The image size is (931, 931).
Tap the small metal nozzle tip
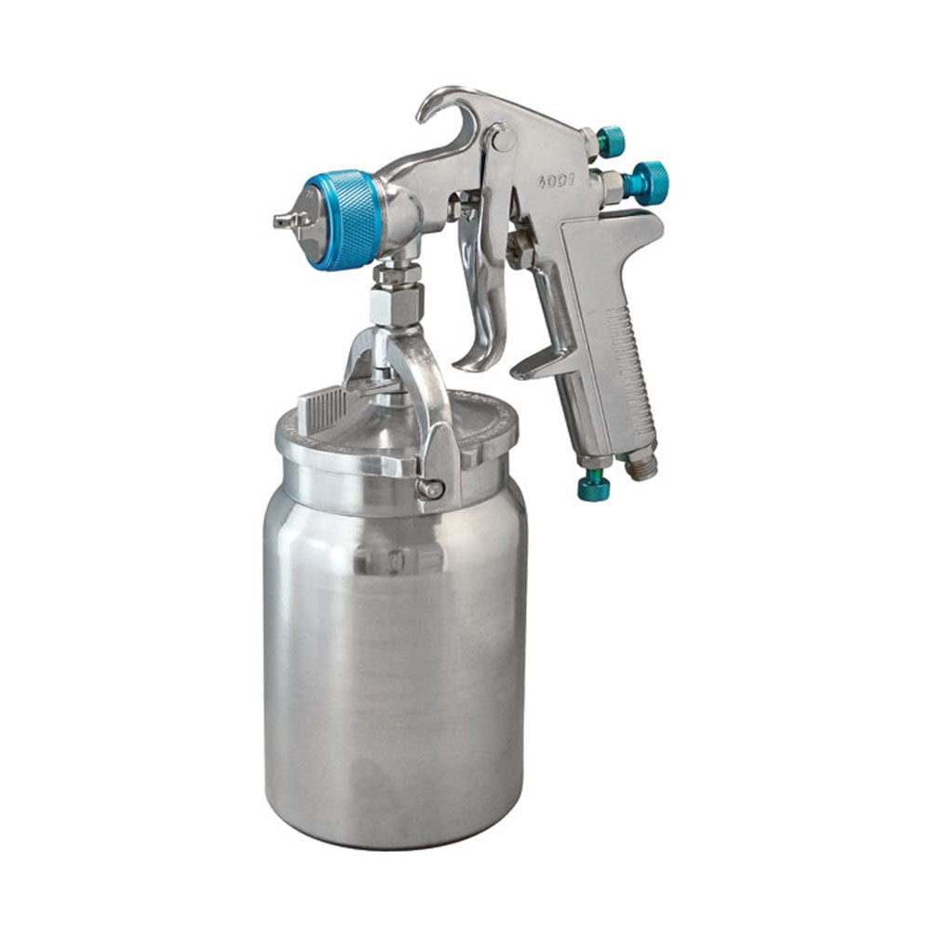282,221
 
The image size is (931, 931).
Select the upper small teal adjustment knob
611,142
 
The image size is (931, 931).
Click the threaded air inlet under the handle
641,465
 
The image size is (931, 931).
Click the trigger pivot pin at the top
504,140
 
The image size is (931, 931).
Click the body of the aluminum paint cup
391,670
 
